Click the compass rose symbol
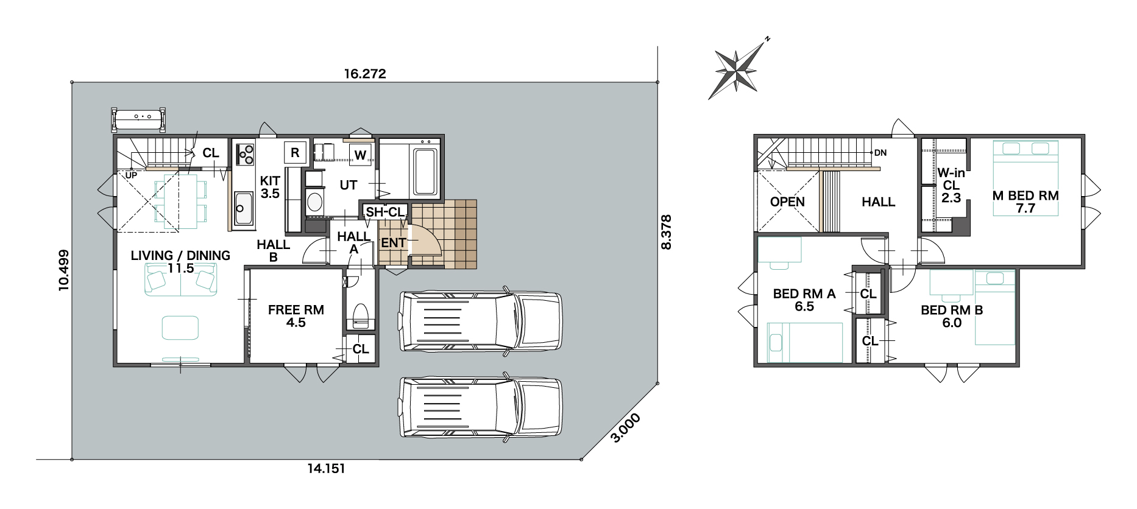[737, 71]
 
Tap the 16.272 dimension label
[365, 74]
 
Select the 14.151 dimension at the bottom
[326, 468]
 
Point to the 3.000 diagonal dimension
[625, 427]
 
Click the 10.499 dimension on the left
[64, 270]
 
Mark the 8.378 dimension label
[666, 232]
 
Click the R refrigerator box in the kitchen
[295, 153]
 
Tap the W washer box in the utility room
[360, 155]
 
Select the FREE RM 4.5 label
[296, 316]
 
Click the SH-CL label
[385, 212]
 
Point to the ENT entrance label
[394, 243]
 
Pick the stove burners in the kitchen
[246, 154]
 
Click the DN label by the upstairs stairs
[880, 153]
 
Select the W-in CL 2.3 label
[951, 185]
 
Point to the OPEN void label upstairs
[787, 202]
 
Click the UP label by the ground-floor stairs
[131, 175]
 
